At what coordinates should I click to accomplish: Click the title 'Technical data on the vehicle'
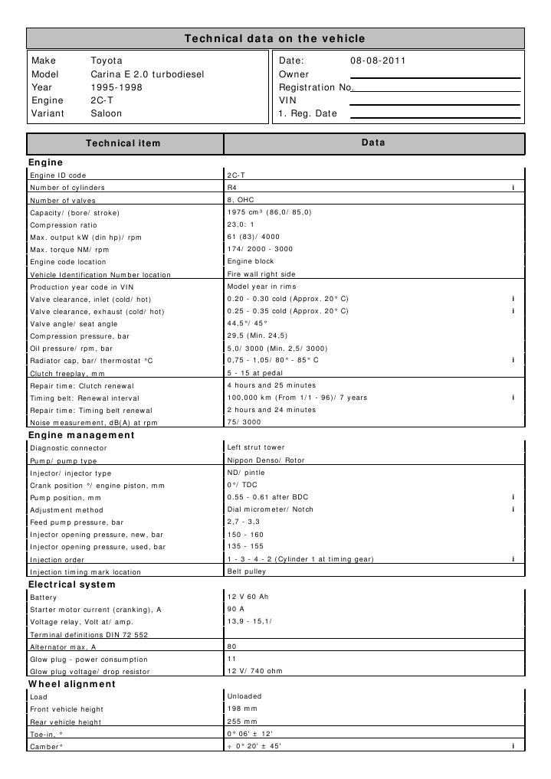coord(275,38)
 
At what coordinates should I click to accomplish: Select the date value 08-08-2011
coord(378,61)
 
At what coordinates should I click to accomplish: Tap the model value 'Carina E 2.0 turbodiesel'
coord(147,74)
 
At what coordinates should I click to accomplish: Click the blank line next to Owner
coord(435,75)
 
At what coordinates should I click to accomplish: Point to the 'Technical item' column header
coord(123,143)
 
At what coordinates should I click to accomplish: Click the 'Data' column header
coord(373,143)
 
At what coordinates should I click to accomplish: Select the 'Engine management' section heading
coord(81,435)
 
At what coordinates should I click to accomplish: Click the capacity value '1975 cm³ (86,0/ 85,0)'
coord(269,212)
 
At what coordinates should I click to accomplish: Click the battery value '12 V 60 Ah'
coord(249,597)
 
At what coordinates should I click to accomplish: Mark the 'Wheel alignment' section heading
coord(72,684)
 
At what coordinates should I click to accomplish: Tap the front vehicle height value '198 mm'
coord(242,709)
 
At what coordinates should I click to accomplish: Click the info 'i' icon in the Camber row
coord(512,746)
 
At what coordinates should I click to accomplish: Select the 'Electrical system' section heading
coord(72,584)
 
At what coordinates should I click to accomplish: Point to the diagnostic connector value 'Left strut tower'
coord(256,447)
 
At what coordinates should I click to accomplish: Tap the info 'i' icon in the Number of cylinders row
coord(512,188)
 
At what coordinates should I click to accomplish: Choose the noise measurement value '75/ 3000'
coord(244,422)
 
